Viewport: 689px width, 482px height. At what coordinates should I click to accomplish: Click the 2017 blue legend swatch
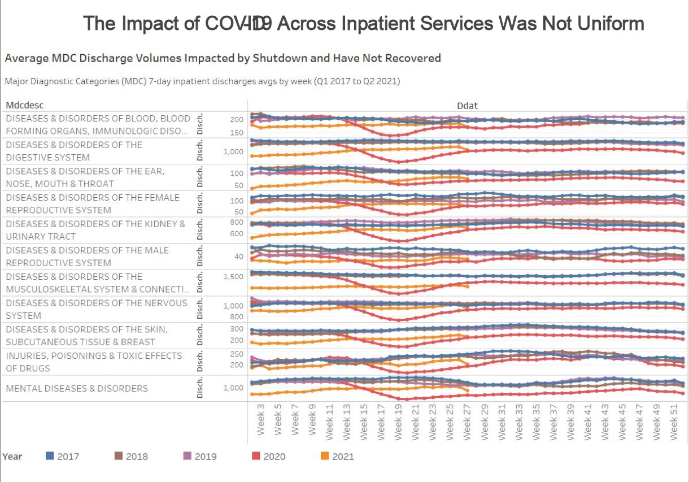[49, 456]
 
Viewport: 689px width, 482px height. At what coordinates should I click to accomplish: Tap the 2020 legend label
[274, 457]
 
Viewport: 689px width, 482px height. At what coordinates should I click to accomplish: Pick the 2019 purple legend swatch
[187, 456]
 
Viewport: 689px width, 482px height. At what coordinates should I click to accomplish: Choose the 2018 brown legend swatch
[118, 456]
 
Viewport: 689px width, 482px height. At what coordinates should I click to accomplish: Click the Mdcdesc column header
[24, 105]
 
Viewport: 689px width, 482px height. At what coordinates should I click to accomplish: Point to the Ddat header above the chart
[466, 105]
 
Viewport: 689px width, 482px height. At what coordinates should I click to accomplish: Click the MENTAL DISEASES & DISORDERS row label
[77, 388]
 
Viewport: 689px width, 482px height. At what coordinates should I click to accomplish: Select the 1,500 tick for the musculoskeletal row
[233, 276]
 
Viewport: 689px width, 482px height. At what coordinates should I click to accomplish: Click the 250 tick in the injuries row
[237, 354]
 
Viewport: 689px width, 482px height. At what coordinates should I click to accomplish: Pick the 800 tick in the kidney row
[237, 222]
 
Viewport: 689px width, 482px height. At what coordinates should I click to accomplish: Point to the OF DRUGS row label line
[28, 368]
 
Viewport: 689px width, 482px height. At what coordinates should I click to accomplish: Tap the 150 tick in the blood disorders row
[237, 133]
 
